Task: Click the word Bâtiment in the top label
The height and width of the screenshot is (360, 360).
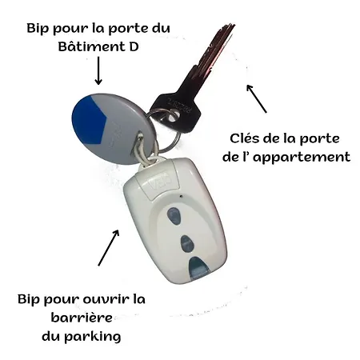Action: pos(91,47)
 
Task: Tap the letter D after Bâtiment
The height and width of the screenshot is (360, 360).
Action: pos(134,47)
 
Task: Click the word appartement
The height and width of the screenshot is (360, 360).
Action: pos(302,158)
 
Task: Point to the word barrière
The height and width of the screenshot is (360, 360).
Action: pos(82,318)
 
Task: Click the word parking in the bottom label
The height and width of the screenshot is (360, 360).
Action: pos(93,337)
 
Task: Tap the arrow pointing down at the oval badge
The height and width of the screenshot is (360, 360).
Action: pos(98,70)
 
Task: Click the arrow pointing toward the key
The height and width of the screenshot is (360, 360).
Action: pos(256,98)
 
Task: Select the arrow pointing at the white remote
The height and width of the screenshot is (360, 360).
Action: pos(109,248)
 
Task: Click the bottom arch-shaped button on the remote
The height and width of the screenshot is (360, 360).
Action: pos(198,267)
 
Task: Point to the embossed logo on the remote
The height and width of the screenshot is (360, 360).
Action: pos(160,182)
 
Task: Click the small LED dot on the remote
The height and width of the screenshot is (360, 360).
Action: pos(182,196)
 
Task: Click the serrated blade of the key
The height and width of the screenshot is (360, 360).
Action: pos(210,54)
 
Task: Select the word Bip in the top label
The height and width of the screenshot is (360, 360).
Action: pos(38,29)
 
